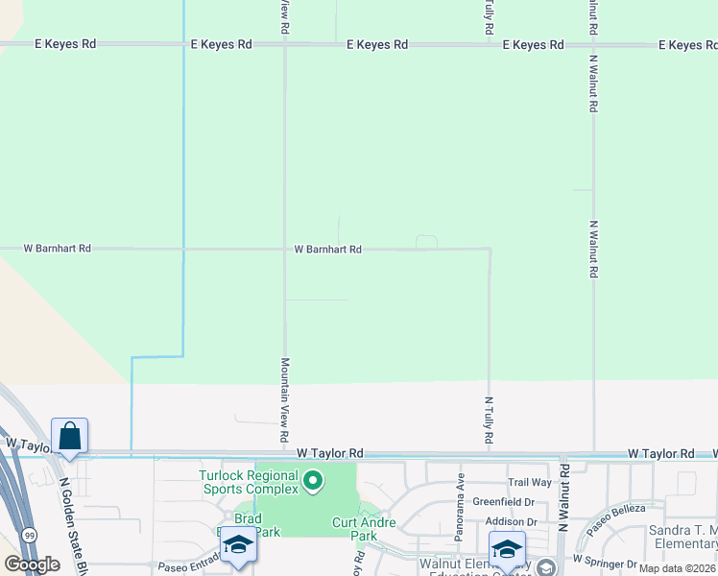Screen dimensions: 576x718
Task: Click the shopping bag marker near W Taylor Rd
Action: pyautogui.click(x=70, y=436)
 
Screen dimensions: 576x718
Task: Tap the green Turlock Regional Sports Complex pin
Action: pyautogui.click(x=312, y=481)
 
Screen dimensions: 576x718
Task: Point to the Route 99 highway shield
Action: pyautogui.click(x=29, y=533)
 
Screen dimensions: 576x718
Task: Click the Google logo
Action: pyautogui.click(x=32, y=564)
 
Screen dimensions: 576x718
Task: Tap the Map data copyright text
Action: pyautogui.click(x=678, y=568)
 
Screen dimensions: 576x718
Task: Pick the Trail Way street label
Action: pyautogui.click(x=530, y=483)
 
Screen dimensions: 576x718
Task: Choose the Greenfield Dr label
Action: pyautogui.click(x=504, y=502)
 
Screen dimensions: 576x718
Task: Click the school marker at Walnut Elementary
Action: pyautogui.click(x=507, y=548)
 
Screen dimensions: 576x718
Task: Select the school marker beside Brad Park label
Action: pyautogui.click(x=237, y=545)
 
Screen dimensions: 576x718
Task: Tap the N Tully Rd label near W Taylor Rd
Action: pyautogui.click(x=489, y=420)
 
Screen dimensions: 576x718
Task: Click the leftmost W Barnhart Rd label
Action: pyautogui.click(x=58, y=249)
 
